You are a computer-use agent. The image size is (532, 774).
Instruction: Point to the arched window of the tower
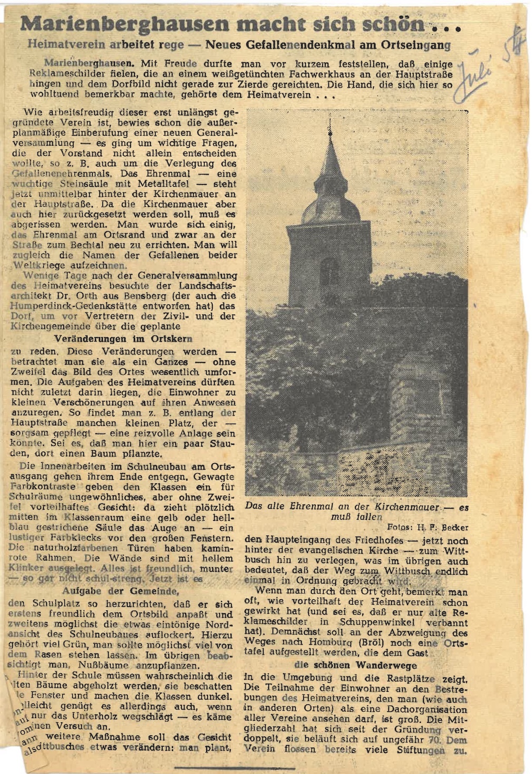tap(329, 272)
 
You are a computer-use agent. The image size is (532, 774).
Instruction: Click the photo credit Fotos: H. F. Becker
tap(427, 527)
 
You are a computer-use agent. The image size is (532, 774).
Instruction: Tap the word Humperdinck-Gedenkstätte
tap(71, 306)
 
